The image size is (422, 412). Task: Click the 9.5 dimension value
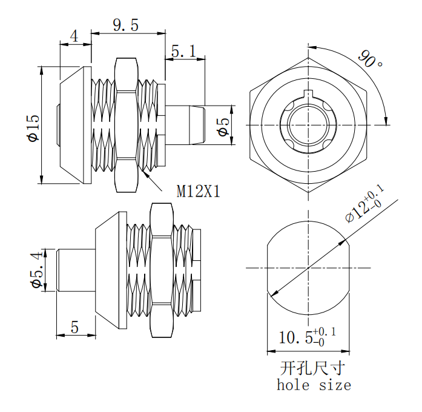pyautogui.click(x=126, y=25)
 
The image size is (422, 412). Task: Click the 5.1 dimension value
pyautogui.click(x=183, y=53)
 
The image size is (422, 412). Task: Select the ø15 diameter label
pyautogui.click(x=32, y=129)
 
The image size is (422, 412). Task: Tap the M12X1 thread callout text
pyautogui.click(x=198, y=192)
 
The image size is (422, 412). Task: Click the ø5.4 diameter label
pyautogui.click(x=35, y=269)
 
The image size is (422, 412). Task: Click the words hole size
pyautogui.click(x=314, y=385)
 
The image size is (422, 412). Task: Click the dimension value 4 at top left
pyautogui.click(x=74, y=36)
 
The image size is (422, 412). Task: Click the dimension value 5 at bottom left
pyautogui.click(x=74, y=327)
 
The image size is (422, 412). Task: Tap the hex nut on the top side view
pyautogui.click(x=126, y=124)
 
